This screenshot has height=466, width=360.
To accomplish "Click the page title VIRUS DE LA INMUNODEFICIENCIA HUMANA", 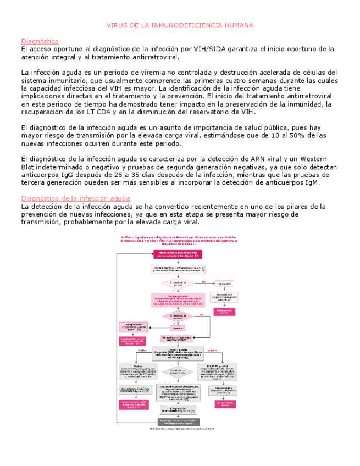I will click(x=180, y=26).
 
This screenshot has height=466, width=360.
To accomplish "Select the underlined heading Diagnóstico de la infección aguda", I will click(x=75, y=198).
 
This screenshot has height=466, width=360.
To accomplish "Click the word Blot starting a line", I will click(x=30, y=167).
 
